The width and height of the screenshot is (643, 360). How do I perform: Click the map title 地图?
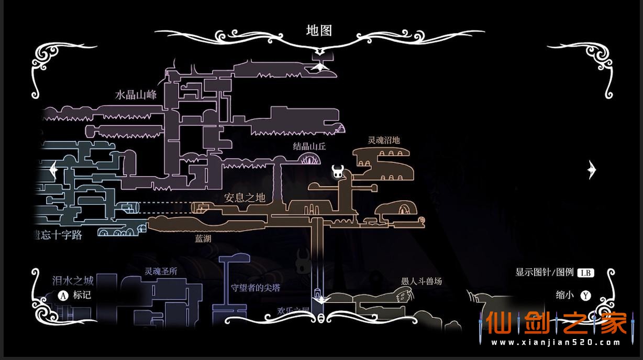(319, 30)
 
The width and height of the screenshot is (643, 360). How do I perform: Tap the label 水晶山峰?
(136, 95)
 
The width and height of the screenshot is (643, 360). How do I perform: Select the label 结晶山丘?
(309, 146)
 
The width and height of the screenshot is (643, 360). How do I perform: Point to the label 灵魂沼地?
(384, 140)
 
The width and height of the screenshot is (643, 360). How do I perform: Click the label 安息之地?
(245, 198)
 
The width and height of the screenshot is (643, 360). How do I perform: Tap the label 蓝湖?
(203, 238)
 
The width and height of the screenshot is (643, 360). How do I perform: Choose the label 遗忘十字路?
(56, 235)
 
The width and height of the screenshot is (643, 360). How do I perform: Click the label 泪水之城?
(73, 280)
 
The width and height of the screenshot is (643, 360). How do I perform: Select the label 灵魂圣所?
(161, 271)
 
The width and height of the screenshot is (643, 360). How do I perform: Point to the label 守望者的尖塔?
(256, 288)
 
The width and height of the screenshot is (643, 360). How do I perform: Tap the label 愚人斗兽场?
(421, 281)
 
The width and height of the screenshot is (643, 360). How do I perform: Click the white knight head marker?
(337, 171)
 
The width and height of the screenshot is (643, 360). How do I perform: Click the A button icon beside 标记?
(63, 295)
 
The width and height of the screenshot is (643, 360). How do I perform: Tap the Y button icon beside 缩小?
(585, 296)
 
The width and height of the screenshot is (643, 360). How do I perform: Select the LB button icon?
(585, 272)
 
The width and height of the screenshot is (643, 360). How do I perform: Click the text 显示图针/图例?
(545, 272)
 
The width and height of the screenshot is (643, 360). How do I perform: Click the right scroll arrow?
(592, 169)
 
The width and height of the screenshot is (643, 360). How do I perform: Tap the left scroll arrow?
(52, 169)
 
